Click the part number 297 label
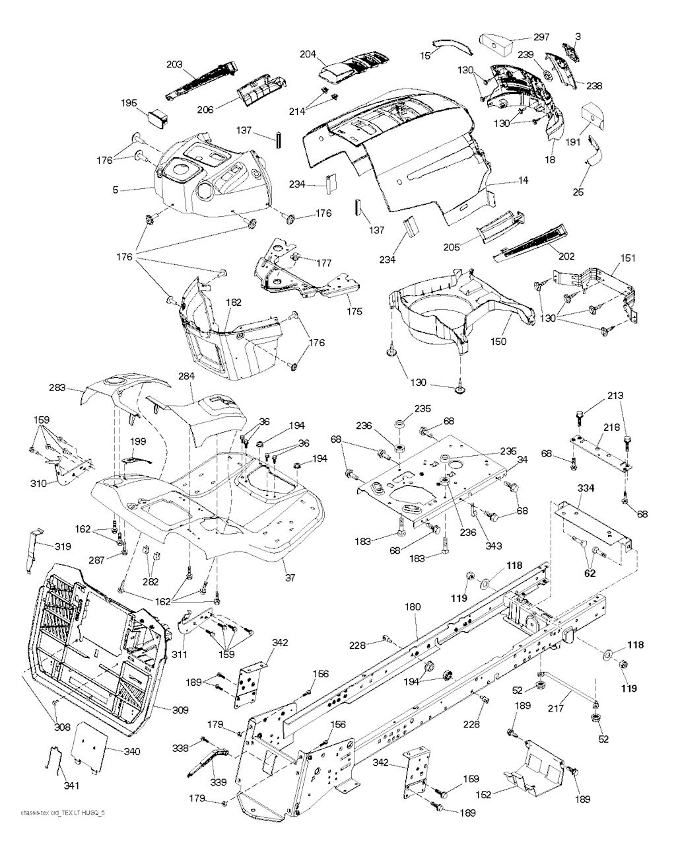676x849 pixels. pyautogui.click(x=541, y=38)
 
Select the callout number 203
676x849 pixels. pyautogui.click(x=174, y=65)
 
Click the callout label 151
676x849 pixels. pyautogui.click(x=628, y=258)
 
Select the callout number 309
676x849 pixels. pyautogui.click(x=180, y=710)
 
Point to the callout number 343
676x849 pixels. pyautogui.click(x=492, y=546)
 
